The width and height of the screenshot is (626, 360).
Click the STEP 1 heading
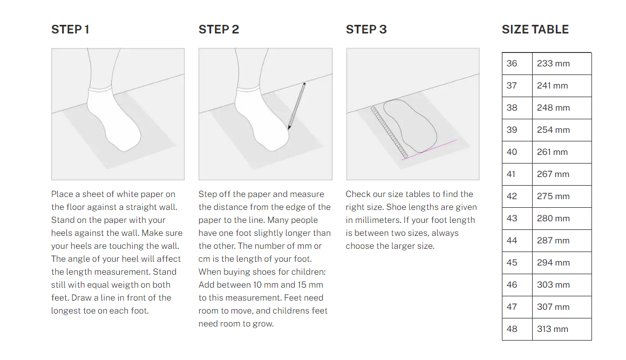(70, 30)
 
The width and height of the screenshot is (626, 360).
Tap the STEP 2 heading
(219, 30)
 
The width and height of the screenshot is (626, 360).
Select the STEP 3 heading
(366, 30)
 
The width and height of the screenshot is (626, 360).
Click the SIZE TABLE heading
(535, 30)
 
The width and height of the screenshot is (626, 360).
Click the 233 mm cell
(562, 64)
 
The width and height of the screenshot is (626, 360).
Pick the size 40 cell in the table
(517, 152)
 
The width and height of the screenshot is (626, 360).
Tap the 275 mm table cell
(562, 196)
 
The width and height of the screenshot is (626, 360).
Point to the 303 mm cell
(562, 285)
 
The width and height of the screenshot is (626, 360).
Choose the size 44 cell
(517, 241)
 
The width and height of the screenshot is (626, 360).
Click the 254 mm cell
(562, 130)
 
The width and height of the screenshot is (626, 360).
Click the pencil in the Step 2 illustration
(297, 106)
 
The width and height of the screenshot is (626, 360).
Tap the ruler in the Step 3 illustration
(389, 133)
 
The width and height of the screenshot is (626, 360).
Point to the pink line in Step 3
(429, 150)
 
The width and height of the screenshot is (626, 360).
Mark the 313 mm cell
(562, 329)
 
